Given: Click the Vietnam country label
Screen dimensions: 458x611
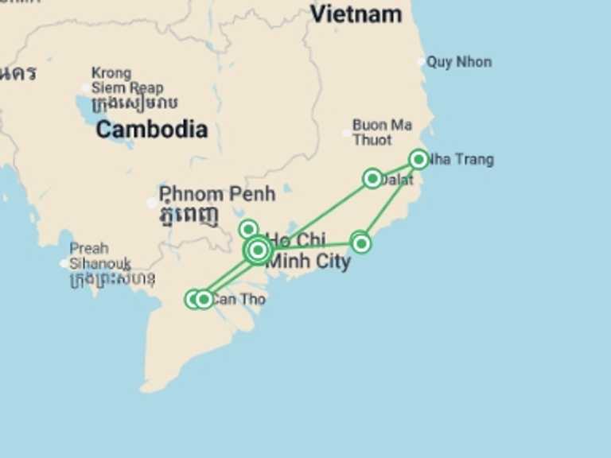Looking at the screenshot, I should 356,14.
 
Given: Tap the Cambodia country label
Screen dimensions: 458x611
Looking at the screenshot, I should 151,130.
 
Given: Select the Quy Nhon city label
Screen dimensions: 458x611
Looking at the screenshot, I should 459,62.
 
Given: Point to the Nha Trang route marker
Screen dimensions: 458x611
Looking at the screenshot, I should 418,159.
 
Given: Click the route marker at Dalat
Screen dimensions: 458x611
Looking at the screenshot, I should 372,178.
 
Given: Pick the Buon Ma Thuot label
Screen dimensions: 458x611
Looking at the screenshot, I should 382,132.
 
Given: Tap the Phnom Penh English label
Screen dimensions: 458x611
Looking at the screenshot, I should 216,193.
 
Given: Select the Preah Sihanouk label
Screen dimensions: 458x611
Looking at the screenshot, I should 99,255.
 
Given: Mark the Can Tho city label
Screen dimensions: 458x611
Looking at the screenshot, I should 239,300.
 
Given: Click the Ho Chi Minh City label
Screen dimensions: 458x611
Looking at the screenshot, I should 308,250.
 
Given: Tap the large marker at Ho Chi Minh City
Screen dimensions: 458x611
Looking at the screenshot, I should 257,250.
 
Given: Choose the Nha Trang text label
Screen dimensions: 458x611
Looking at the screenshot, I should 462,160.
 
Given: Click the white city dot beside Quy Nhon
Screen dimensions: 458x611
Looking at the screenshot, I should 422,62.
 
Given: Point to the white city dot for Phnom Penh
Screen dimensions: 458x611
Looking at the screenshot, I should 152,203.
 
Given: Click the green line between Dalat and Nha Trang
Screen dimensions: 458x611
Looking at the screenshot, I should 395,169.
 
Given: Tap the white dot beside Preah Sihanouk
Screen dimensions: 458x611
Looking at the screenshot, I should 64,263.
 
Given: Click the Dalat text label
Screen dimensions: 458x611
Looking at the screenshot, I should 398,181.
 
